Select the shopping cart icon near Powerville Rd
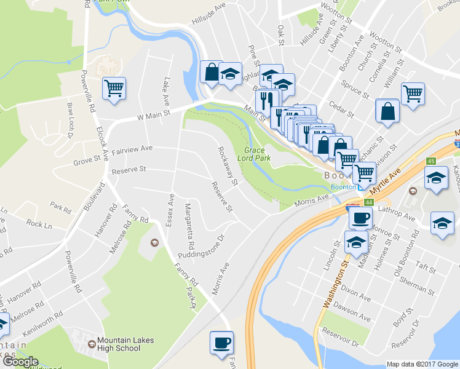[114, 90]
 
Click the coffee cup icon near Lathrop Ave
[360, 218]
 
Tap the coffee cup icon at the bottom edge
[221, 343]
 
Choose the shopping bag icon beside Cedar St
[387, 111]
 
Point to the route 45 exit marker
[431, 161]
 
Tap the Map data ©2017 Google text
[422, 364]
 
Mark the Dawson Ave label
[355, 314]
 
